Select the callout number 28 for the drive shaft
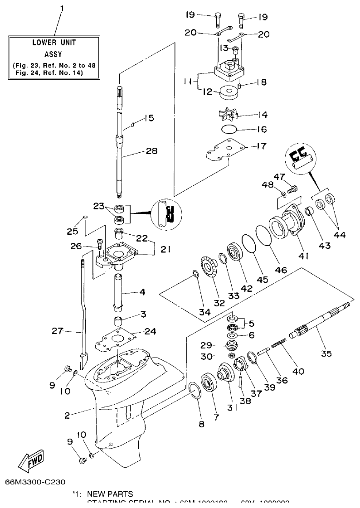tap(151, 151)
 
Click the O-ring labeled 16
tap(229, 129)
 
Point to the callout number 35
tap(326, 353)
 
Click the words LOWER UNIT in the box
tap(54, 43)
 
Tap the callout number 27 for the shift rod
tap(57, 331)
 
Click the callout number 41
tap(303, 256)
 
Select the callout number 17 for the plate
tap(262, 146)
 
